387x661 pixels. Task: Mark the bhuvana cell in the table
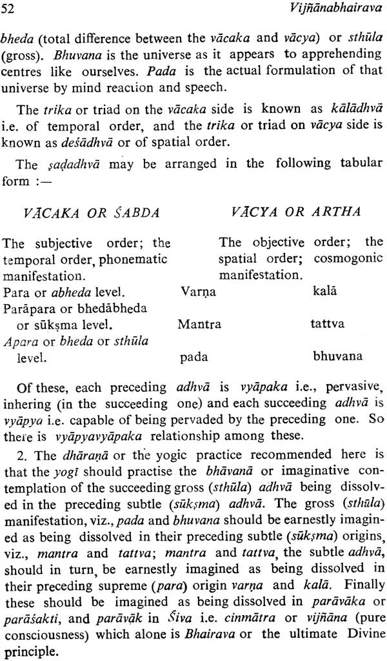337,356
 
